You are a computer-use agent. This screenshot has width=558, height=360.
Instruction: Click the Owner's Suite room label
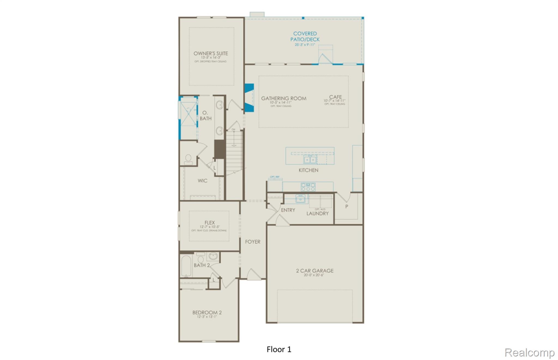coord(211,53)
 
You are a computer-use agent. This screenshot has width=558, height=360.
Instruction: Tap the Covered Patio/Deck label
coord(305,37)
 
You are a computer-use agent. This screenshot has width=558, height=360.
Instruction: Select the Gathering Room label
coord(284,98)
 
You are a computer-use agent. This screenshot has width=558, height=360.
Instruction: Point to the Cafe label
coord(335,97)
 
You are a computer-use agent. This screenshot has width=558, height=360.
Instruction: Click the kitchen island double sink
coord(310,159)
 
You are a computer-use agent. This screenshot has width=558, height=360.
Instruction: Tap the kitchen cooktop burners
coord(308,187)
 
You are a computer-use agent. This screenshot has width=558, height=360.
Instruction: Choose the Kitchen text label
coord(308,170)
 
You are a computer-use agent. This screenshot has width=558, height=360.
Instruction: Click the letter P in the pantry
coord(347,207)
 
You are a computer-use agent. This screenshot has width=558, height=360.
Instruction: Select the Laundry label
coord(317,213)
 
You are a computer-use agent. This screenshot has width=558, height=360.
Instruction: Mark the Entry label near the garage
coord(288,210)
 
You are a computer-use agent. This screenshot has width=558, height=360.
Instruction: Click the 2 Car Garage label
coord(315,271)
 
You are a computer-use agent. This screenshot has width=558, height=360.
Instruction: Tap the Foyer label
coord(253,242)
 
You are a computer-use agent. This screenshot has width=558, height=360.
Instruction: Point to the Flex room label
coord(210,223)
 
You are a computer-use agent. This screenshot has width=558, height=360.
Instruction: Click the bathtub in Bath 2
coord(187,266)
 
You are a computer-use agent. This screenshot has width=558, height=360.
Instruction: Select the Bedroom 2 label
coord(207,313)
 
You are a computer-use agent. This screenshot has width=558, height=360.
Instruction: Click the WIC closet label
coord(202,181)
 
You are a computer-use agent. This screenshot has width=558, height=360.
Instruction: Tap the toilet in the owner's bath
coord(188,159)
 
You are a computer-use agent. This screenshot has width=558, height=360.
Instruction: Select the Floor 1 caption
coord(279,349)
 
